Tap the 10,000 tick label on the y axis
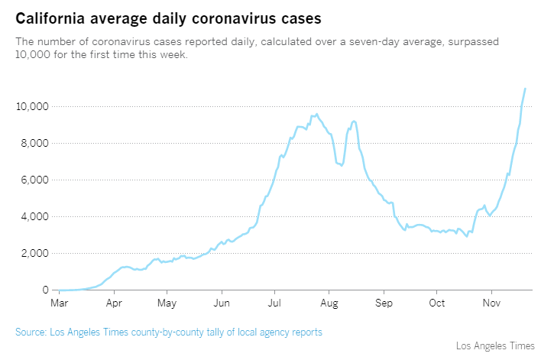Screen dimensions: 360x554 [32, 106]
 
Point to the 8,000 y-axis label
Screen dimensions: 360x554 [34, 143]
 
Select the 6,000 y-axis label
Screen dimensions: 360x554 [34, 180]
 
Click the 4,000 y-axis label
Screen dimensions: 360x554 [34, 216]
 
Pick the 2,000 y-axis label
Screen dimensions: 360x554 [34, 253]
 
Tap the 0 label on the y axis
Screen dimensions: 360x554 [45, 290]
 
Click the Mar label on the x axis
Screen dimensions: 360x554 [59, 303]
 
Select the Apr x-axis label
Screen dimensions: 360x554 [114, 303]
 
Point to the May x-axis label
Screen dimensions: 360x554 [167, 303]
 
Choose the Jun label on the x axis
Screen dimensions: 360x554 [222, 303]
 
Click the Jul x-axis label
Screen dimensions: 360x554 [274, 303]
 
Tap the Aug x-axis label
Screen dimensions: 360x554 [329, 303]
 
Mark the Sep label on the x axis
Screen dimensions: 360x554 [384, 303]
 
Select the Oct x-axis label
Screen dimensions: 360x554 [436, 303]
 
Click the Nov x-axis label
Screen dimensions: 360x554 [491, 303]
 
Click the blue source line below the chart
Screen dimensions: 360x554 [169, 332]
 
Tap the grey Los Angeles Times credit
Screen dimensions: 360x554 [496, 346]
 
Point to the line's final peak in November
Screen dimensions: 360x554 [525, 89]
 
